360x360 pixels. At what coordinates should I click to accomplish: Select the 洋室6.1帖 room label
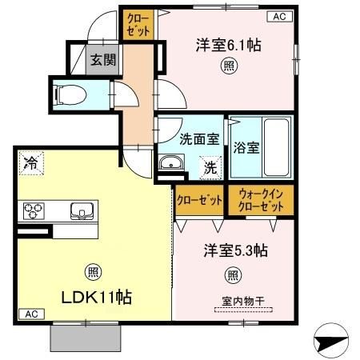(229, 45)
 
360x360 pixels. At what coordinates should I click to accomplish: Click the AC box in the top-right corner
(279, 15)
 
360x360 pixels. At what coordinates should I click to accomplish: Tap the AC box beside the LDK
(30, 314)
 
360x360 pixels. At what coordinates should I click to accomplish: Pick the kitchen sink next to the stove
(82, 211)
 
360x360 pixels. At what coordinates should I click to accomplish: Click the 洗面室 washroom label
(199, 138)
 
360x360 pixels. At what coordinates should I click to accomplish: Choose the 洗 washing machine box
(209, 168)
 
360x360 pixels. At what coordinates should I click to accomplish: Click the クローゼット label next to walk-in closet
(199, 200)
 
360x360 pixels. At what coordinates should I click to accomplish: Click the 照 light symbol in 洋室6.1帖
(230, 66)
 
